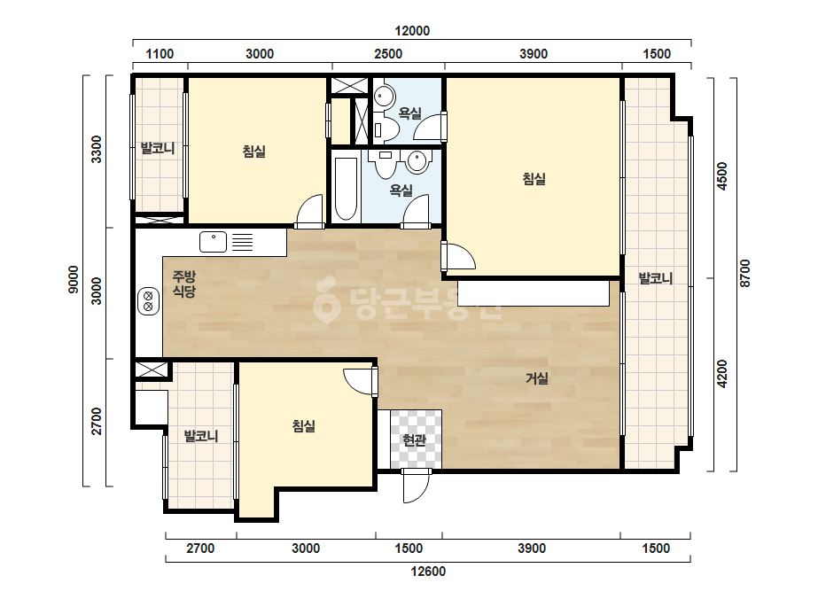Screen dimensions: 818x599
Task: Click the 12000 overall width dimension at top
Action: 412,31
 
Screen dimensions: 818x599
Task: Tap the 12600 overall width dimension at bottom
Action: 428,572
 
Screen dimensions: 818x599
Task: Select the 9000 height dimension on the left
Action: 74,279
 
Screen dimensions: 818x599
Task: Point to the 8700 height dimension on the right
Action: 745,273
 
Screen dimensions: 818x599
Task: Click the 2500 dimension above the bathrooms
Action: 388,54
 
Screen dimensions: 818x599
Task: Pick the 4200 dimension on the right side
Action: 722,374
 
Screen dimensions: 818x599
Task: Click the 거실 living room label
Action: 537,377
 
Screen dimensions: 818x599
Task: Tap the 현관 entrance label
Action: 415,440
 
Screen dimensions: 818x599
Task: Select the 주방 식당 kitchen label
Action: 184,284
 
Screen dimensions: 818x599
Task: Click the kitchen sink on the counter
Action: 214,242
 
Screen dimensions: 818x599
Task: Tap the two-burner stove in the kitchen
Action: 148,301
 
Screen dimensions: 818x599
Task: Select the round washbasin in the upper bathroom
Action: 385,97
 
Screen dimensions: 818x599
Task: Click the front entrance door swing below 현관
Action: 416,486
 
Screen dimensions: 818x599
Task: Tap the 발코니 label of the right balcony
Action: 657,278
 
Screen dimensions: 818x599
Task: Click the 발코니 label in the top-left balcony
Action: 158,148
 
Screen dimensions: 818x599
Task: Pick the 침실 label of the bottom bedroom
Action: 304,426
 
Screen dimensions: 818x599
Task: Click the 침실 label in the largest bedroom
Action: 534,179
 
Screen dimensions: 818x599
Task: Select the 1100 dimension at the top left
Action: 160,54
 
